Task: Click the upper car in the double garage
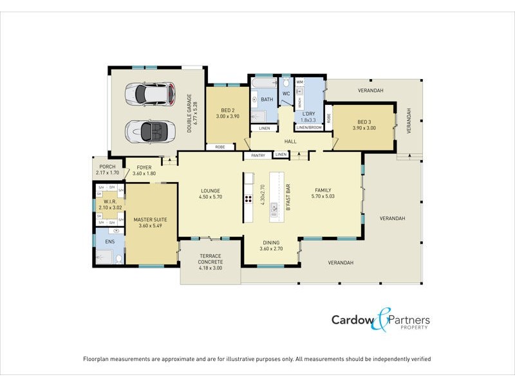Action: [x=151, y=93]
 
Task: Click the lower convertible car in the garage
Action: [x=149, y=132]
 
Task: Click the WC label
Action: [x=286, y=94]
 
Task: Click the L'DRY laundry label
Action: [x=308, y=114]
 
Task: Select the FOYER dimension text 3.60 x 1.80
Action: [x=144, y=174]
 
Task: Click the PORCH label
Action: [x=106, y=167]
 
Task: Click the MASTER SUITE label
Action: [x=151, y=220]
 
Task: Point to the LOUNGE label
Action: [x=210, y=190]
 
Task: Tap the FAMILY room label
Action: [x=323, y=190]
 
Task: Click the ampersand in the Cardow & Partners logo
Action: [x=382, y=320]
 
